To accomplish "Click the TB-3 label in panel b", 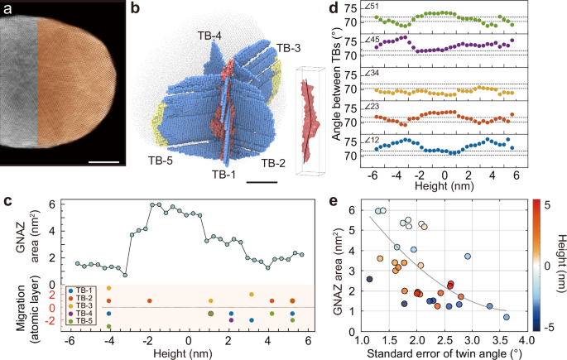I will [290, 48].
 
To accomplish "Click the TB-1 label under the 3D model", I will [223, 175].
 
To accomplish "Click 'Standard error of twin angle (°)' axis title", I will [438, 353].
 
